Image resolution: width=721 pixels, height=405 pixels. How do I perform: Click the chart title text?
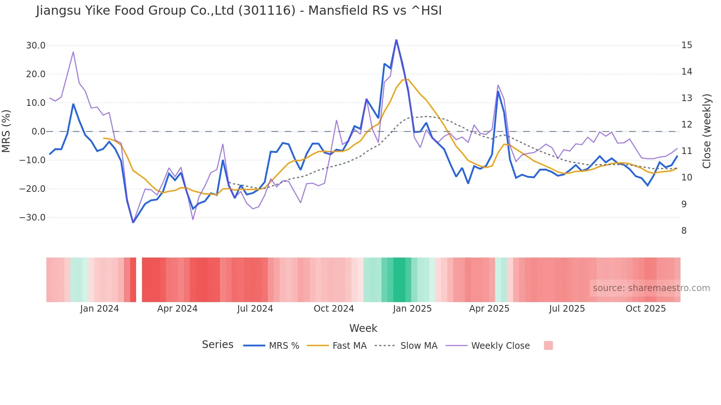[239, 11]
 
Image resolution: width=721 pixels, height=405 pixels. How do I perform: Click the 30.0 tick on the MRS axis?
[36, 46]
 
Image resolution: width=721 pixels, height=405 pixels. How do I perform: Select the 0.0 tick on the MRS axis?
[38, 132]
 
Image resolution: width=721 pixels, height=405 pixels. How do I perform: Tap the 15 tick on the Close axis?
[686, 45]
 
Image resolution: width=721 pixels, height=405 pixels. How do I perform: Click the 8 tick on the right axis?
[684, 231]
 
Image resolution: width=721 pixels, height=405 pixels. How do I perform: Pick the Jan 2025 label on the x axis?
[412, 309]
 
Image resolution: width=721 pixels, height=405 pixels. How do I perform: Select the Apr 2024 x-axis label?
[177, 309]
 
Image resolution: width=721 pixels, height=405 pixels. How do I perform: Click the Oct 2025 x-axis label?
[646, 309]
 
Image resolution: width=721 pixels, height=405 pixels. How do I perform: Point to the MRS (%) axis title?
[6, 131]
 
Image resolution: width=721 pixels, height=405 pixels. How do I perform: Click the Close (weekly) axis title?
[706, 131]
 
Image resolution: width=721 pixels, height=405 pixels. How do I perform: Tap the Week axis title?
[363, 328]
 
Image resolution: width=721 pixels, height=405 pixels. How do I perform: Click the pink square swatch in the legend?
[548, 345]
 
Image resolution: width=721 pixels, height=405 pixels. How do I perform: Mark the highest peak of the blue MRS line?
[396, 40]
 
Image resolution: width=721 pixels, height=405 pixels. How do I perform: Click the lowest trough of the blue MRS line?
[133, 222]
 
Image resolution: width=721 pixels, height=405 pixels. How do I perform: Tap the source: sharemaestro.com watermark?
[651, 288]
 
